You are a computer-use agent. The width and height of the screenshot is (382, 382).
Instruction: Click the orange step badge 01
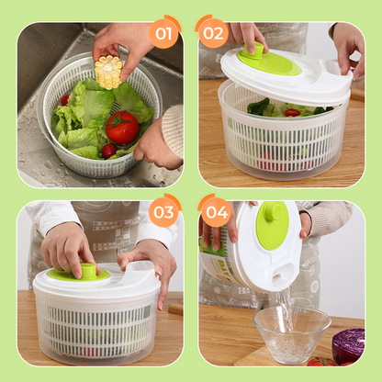coord(164,36)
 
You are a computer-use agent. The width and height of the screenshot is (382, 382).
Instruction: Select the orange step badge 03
coord(164,213)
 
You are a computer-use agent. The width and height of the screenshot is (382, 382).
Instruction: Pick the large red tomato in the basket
coord(121,127)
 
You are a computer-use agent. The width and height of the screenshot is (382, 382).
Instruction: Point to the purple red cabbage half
coord(349,345)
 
